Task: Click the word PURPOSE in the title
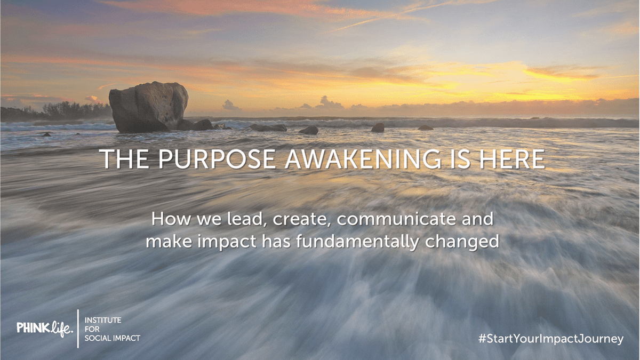coord(217,158)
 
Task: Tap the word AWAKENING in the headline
coord(363,158)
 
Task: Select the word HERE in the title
coord(513,158)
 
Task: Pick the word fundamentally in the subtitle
coord(357,242)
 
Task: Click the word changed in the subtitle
coord(462,242)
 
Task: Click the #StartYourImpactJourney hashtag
coord(551,339)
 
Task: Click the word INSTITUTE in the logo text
coord(103,320)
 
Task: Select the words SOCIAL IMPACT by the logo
coord(113,338)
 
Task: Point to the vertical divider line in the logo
coord(78,329)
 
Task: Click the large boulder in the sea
coord(149,107)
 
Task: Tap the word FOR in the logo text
coord(92,329)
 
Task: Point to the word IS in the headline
coord(460,158)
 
